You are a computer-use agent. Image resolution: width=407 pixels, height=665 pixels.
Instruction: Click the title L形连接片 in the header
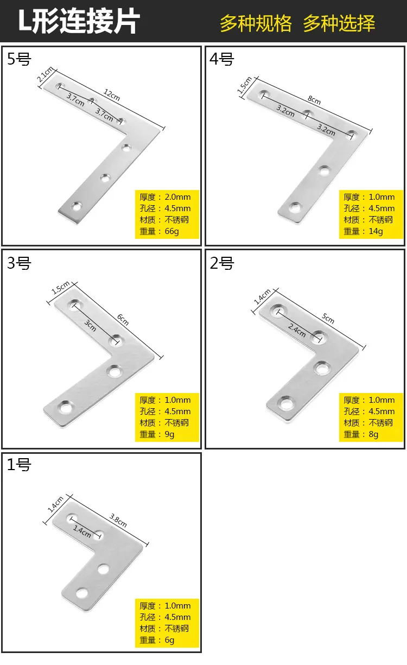pyautogui.click(x=79, y=21)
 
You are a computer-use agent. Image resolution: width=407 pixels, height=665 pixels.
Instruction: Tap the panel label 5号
pyautogui.click(x=20, y=59)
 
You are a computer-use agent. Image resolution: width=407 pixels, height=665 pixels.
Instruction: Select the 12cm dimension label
pyautogui.click(x=112, y=95)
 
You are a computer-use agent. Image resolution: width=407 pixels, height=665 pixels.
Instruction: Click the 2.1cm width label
pyautogui.click(x=46, y=74)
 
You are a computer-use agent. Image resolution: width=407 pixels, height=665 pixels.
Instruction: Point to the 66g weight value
pyautogui.click(x=171, y=231)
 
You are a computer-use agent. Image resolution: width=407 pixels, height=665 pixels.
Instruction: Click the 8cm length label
pyautogui.click(x=314, y=100)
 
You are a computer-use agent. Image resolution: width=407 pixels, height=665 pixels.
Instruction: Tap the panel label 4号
pyautogui.click(x=222, y=59)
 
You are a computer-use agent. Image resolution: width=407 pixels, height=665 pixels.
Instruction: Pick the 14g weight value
pyautogui.click(x=376, y=231)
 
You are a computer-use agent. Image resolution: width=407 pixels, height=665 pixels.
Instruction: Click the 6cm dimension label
pyautogui.click(x=123, y=319)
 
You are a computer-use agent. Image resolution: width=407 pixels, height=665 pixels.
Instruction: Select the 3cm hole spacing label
pyautogui.click(x=90, y=325)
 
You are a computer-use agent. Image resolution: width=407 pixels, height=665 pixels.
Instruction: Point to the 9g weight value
pyautogui.click(x=169, y=434)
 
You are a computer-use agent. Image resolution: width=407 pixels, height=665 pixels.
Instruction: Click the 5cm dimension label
pyautogui.click(x=328, y=318)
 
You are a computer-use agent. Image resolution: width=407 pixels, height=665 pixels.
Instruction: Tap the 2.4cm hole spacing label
pyautogui.click(x=296, y=331)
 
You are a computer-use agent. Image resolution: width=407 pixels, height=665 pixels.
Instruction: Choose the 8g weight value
pyautogui.click(x=373, y=434)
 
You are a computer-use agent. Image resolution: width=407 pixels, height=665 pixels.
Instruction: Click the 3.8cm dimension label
pyautogui.click(x=118, y=521)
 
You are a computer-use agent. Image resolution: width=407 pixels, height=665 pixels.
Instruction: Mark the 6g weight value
pyautogui.click(x=169, y=640)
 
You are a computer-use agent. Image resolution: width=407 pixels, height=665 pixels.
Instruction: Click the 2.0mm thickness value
pyautogui.click(x=177, y=197)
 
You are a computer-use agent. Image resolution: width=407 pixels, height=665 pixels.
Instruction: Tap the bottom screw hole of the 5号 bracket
pyautogui.click(x=77, y=206)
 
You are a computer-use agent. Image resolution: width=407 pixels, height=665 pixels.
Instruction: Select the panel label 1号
pyautogui.click(x=20, y=465)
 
